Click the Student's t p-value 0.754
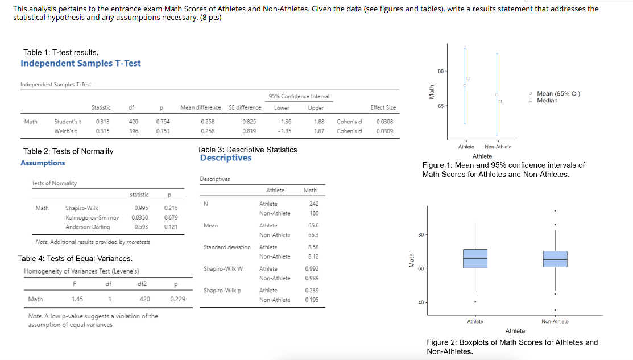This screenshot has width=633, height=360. click(163, 121)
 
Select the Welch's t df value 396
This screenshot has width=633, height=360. click(134, 131)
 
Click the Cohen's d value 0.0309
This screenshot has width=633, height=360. click(384, 131)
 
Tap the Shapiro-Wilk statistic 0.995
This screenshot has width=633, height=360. click(142, 208)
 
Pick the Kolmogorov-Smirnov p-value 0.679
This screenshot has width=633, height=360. click(171, 217)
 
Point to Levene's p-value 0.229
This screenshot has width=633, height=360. click(176, 299)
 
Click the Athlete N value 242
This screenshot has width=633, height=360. click(313, 204)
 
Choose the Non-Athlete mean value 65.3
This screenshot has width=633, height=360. click(313, 235)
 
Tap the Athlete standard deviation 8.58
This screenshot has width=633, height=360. click(313, 247)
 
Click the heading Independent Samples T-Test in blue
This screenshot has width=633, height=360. click(81, 63)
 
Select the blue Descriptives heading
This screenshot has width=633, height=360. click(225, 158)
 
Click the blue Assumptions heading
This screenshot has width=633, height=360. click(43, 163)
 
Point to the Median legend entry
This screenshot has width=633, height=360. click(547, 100)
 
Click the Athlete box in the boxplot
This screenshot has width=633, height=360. click(475, 258)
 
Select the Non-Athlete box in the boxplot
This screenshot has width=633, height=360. click(555, 259)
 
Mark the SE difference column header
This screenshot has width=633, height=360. click(245, 107)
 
